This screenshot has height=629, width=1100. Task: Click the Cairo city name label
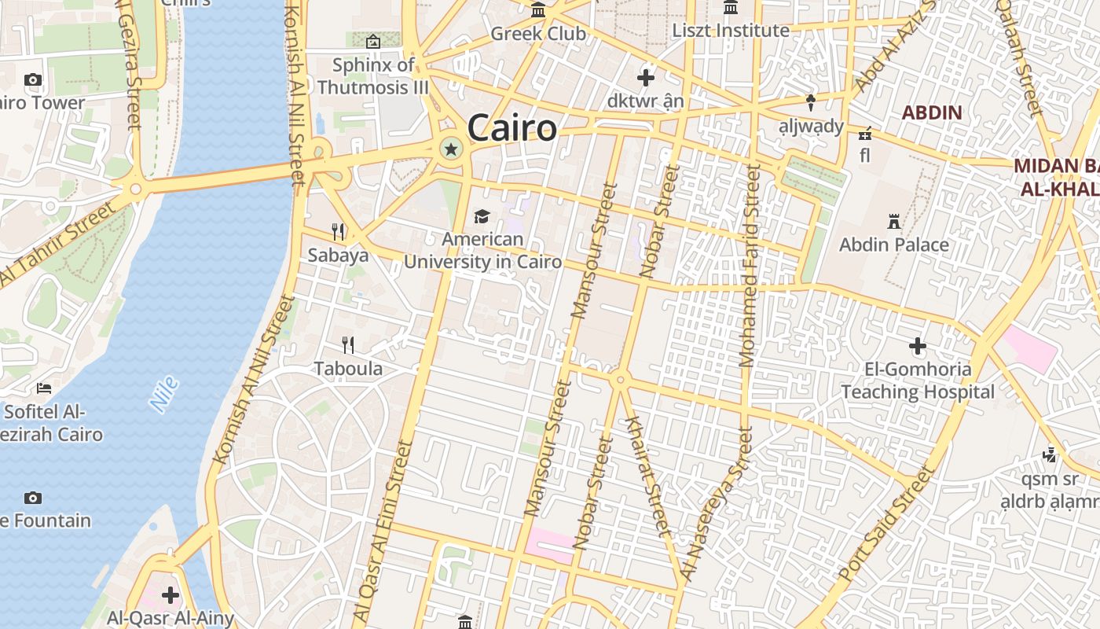(x=511, y=128)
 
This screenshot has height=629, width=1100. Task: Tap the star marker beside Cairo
(x=451, y=149)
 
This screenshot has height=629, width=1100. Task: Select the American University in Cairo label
(x=482, y=251)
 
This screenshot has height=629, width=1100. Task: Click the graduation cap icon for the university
(x=482, y=216)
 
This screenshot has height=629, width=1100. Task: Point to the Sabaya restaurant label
(x=338, y=255)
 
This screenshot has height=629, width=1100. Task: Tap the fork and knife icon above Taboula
(x=348, y=344)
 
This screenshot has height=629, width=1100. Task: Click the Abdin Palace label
(x=893, y=245)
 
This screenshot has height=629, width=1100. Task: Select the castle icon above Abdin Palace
(x=893, y=221)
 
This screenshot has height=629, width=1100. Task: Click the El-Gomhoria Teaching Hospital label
(x=918, y=380)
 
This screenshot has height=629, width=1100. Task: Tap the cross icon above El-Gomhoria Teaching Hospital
(x=918, y=345)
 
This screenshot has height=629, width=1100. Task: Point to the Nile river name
(x=163, y=394)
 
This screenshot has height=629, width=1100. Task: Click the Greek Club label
(x=538, y=34)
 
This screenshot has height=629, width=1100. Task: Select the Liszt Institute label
(x=731, y=31)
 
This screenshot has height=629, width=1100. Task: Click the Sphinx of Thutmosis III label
(x=373, y=75)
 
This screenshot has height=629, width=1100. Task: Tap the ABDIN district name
(x=931, y=112)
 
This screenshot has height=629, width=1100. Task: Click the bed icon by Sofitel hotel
(x=44, y=388)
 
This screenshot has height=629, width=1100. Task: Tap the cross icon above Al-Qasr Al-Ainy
(x=170, y=595)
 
